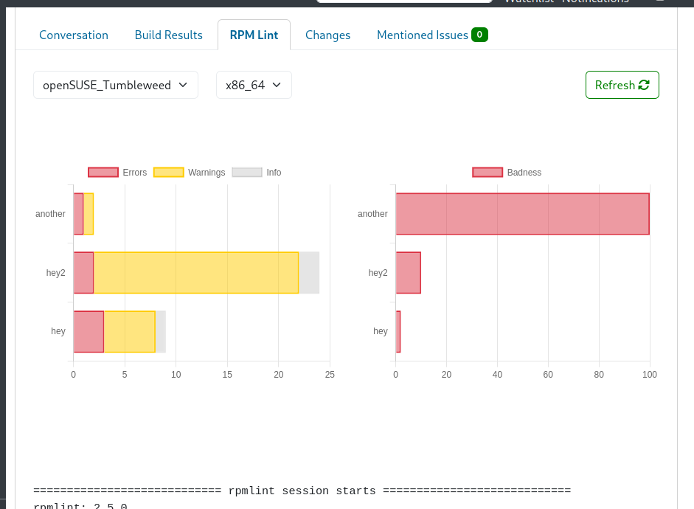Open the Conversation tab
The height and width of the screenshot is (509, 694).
click(74, 35)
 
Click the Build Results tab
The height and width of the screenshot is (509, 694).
click(168, 35)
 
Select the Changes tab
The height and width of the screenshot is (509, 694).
click(327, 35)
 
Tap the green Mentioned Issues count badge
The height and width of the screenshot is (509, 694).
click(479, 35)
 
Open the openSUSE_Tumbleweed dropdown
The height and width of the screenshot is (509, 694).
click(116, 85)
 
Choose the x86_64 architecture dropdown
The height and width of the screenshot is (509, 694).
click(254, 85)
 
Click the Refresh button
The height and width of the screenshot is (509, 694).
click(622, 85)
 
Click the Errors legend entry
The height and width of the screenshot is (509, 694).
click(118, 173)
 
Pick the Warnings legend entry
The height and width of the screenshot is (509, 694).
click(190, 173)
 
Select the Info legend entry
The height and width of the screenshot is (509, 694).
click(257, 173)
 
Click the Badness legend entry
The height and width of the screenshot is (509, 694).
click(507, 173)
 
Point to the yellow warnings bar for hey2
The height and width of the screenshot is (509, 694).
click(195, 273)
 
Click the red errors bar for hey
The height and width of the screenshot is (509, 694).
click(89, 332)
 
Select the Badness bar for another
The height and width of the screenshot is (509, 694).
click(522, 214)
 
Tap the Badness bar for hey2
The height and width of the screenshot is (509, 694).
click(408, 273)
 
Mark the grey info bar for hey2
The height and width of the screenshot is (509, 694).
click(309, 273)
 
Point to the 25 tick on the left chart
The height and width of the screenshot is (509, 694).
click(330, 375)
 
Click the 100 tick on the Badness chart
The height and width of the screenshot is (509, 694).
click(649, 375)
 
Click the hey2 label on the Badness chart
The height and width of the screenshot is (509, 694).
click(378, 273)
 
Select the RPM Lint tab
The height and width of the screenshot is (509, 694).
click(254, 35)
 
